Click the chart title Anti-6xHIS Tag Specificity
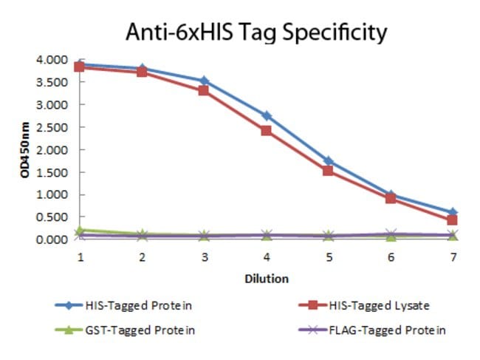coord(256,33)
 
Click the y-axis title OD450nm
coord(25,150)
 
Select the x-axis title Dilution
coord(267,279)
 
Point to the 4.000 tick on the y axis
coord(52,59)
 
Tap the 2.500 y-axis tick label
coord(52,127)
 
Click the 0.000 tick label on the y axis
coord(52,240)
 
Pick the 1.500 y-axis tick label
coord(52,172)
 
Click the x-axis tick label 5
coord(329,257)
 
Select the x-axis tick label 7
coord(453,257)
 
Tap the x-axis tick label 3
coord(205,257)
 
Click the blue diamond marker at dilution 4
coord(267,116)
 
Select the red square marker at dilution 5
coord(328,170)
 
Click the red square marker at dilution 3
coord(204,90)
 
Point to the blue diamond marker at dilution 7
coord(453,212)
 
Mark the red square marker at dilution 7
coord(452,220)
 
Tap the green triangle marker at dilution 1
coord(80,231)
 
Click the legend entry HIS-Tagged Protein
coord(123,305)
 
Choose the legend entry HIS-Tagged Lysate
coord(363,305)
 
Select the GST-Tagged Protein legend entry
coord(125,330)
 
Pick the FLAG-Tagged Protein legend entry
coord(371,330)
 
